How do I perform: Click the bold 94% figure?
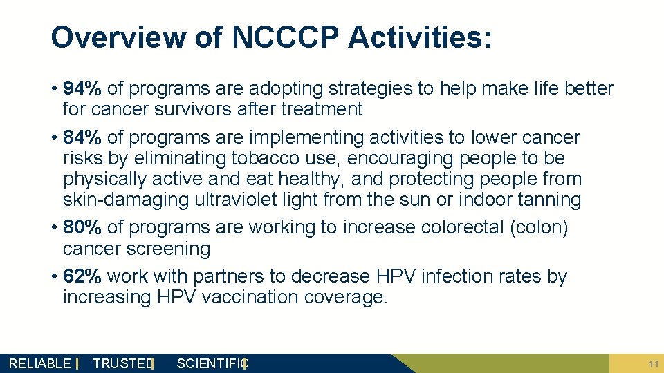[x=82, y=88]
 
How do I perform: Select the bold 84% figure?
[x=82, y=137]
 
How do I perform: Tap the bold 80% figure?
[x=82, y=228]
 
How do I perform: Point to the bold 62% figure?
[x=82, y=276]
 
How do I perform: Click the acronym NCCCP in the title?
[x=286, y=37]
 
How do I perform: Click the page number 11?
[x=653, y=363]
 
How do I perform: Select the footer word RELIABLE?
[x=39, y=363]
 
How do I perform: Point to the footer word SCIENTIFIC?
[x=212, y=363]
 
